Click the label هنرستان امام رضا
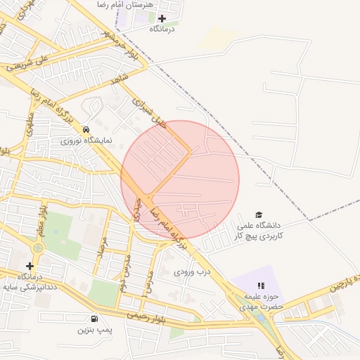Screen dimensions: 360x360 [x=139, y=5]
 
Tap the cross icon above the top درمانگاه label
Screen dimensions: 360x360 [x=162, y=18]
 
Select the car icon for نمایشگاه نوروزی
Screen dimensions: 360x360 [x=85, y=130]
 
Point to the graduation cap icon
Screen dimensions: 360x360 [x=259, y=214]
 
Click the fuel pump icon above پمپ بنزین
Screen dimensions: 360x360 [x=94, y=318]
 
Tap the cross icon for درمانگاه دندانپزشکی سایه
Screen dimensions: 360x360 [x=30, y=266]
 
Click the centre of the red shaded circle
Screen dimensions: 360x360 [x=180, y=179]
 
